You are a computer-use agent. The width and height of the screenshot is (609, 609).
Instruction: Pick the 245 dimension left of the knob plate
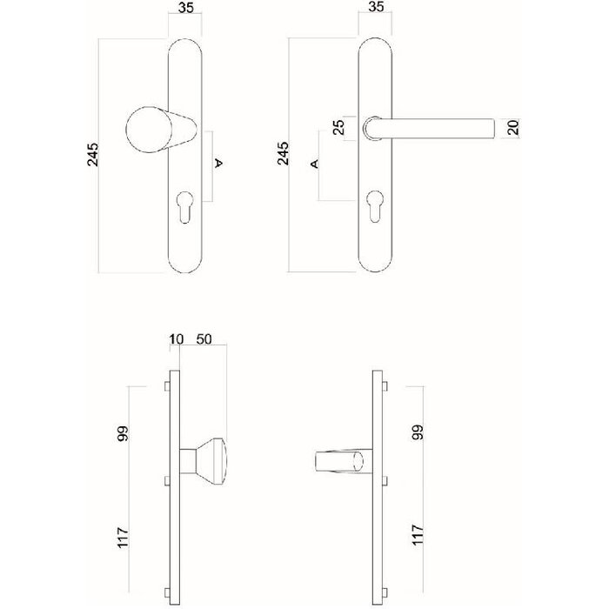(92, 154)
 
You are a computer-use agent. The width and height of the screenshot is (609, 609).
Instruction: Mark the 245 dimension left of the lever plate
(282, 154)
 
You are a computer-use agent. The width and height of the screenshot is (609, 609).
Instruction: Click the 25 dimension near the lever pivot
(338, 127)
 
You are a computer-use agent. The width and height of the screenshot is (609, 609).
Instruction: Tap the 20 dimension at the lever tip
(513, 128)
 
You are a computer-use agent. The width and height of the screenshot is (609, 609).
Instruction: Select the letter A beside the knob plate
(218, 163)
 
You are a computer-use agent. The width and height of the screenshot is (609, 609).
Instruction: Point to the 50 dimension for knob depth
(207, 338)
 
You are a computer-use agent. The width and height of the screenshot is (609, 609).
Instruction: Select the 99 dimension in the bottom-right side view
(418, 433)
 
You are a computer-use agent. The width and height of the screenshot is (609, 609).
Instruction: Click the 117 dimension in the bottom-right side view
(418, 533)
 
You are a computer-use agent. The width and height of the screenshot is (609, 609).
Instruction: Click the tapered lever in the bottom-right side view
(339, 461)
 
